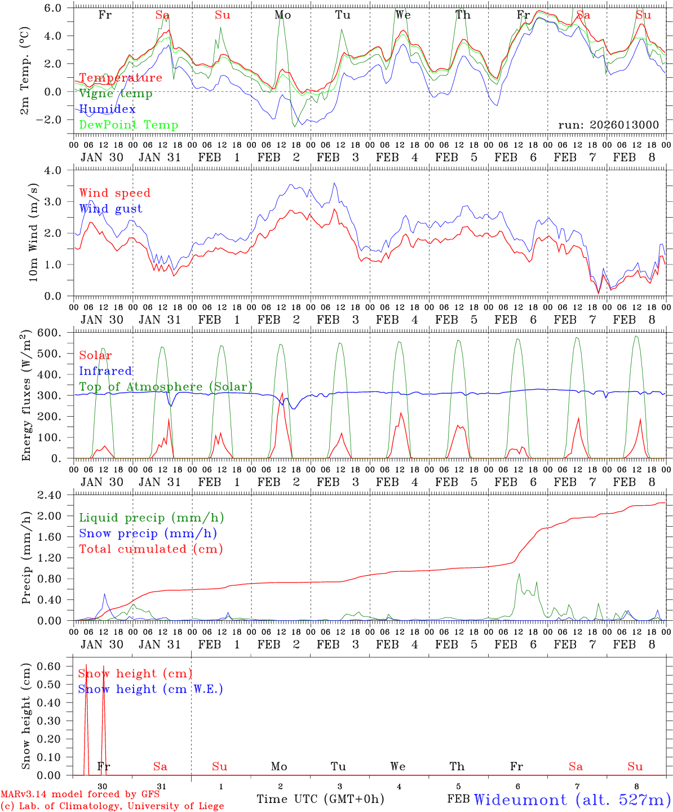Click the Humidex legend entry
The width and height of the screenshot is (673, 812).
pyautogui.click(x=108, y=109)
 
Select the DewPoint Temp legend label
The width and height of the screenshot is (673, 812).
pyautogui.click(x=129, y=125)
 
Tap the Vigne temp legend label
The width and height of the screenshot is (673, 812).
pyautogui.click(x=116, y=94)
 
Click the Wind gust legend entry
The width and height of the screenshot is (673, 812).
pyautogui.click(x=110, y=209)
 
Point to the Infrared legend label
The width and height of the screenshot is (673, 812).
pyautogui.click(x=105, y=371)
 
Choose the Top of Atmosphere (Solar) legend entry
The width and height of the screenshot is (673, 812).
pyautogui.click(x=166, y=387)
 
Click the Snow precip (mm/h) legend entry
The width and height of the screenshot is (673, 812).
pyautogui.click(x=148, y=533)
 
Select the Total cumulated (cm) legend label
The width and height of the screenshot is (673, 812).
pyautogui.click(x=151, y=549)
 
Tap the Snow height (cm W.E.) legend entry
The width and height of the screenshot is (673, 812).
pyautogui.click(x=150, y=689)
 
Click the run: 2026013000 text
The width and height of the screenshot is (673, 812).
pyautogui.click(x=609, y=125)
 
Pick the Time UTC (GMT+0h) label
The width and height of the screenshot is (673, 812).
pyautogui.click(x=320, y=799)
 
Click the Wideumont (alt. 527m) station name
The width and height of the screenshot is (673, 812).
pyautogui.click(x=572, y=800)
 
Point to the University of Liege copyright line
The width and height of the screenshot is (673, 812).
pyautogui.click(x=112, y=806)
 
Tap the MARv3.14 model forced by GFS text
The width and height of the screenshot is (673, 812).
pyautogui.click(x=80, y=795)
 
